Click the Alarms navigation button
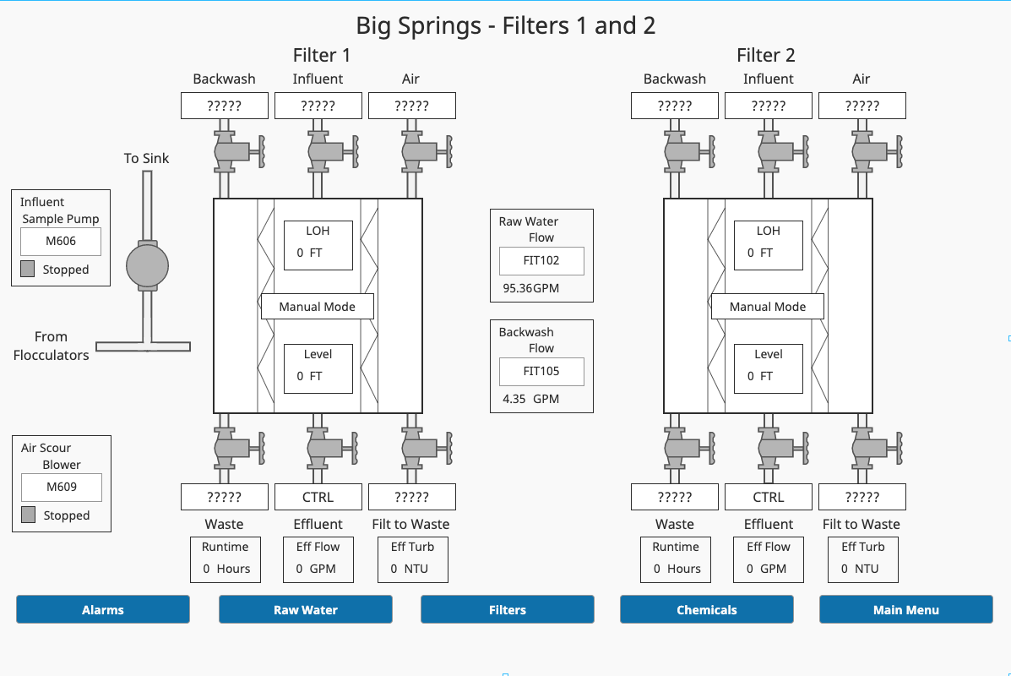103,609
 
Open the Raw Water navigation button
305,609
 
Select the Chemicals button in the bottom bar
706,609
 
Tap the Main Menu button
905,609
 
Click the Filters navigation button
507,609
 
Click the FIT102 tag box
541,261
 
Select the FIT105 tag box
541,371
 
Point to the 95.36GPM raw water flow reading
530,288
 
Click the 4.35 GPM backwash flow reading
530,399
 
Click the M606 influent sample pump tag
61,242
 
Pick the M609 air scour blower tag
62,488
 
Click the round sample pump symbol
148,265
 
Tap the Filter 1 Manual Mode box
317,307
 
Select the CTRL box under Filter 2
768,497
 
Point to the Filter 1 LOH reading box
318,245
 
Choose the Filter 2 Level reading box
768,368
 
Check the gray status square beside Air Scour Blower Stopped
28,515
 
